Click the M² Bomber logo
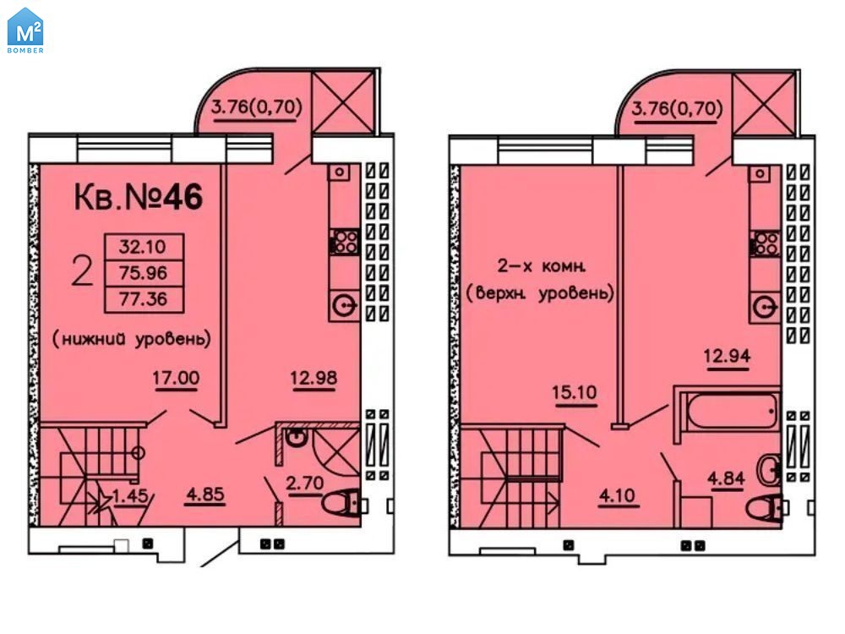pyautogui.click(x=25, y=30)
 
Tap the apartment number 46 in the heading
pyautogui.click(x=183, y=197)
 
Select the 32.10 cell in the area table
pyautogui.click(x=144, y=247)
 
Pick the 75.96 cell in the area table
pyautogui.click(x=144, y=273)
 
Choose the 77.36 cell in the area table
pyautogui.click(x=144, y=299)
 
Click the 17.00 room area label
pyautogui.click(x=176, y=378)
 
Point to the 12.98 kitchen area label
pyautogui.click(x=313, y=378)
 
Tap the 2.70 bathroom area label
pyautogui.click(x=304, y=483)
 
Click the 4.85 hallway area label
pyautogui.click(x=204, y=495)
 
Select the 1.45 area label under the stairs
pyautogui.click(x=131, y=495)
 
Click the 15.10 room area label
pyautogui.click(x=575, y=392)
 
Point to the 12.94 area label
pyautogui.click(x=727, y=357)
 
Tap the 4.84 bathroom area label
pyautogui.click(x=726, y=478)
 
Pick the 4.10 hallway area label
pyautogui.click(x=618, y=495)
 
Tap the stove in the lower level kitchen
pyautogui.click(x=345, y=242)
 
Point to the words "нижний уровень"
pyautogui.click(x=132, y=339)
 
